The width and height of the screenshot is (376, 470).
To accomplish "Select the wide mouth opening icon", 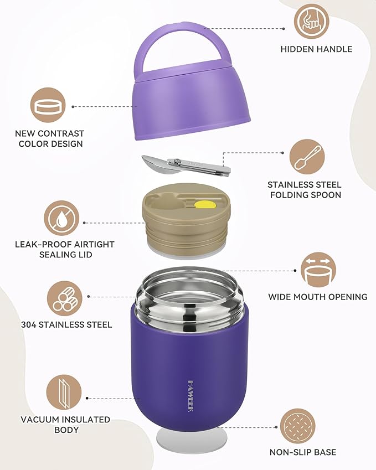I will [318, 270].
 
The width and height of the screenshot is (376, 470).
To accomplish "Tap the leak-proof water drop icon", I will [62, 218].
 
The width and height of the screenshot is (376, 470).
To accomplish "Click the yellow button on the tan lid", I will [202, 204].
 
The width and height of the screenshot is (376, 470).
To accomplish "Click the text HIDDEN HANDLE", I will [316, 49].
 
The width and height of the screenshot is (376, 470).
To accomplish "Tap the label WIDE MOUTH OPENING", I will [318, 297].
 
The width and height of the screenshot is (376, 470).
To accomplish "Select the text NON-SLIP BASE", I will [303, 452].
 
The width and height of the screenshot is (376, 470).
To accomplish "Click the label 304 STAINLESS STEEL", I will [66, 325].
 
